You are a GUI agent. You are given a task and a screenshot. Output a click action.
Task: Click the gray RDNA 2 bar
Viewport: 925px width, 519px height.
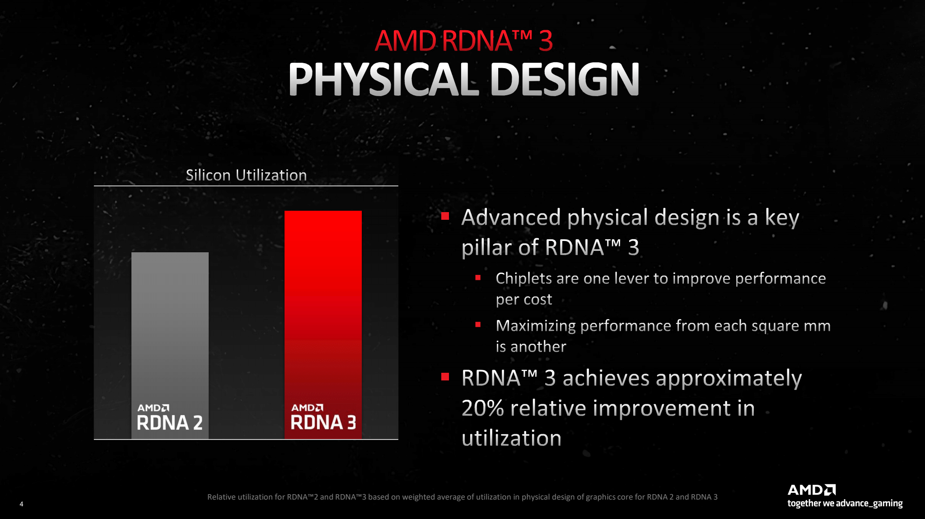point(170,345)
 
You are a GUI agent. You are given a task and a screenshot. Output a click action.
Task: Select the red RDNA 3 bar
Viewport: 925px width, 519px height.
point(323,324)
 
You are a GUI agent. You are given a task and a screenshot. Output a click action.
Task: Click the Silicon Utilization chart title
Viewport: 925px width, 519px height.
point(246,175)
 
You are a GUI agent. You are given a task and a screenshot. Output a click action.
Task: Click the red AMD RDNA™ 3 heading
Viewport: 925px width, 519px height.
point(464,41)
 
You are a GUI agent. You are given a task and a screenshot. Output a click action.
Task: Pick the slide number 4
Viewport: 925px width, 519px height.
point(21,504)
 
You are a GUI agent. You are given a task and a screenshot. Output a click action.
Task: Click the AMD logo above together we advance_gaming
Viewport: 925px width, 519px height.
point(812,490)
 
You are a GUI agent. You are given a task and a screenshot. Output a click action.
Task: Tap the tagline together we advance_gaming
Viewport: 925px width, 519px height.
point(845,503)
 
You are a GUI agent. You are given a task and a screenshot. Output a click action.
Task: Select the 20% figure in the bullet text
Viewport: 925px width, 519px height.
point(482,408)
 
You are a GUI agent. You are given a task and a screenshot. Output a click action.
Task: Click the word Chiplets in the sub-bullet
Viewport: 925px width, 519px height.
point(524,278)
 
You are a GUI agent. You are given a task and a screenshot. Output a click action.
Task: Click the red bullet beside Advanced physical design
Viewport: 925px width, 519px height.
point(445,216)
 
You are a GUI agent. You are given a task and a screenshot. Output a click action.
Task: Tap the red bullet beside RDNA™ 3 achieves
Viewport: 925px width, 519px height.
point(445,376)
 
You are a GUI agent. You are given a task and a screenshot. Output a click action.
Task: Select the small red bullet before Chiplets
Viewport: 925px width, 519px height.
point(478,278)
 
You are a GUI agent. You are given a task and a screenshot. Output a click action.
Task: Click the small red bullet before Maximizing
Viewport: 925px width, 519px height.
point(478,324)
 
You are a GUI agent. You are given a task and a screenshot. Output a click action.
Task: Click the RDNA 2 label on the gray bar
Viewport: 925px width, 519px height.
point(170,417)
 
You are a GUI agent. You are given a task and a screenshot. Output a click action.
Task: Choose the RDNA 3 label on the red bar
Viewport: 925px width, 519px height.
point(323,417)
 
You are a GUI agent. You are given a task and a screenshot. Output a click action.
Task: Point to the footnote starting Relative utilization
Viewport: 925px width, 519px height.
point(462,497)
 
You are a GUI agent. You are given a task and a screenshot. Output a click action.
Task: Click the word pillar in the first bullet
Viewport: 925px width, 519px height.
point(486,247)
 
